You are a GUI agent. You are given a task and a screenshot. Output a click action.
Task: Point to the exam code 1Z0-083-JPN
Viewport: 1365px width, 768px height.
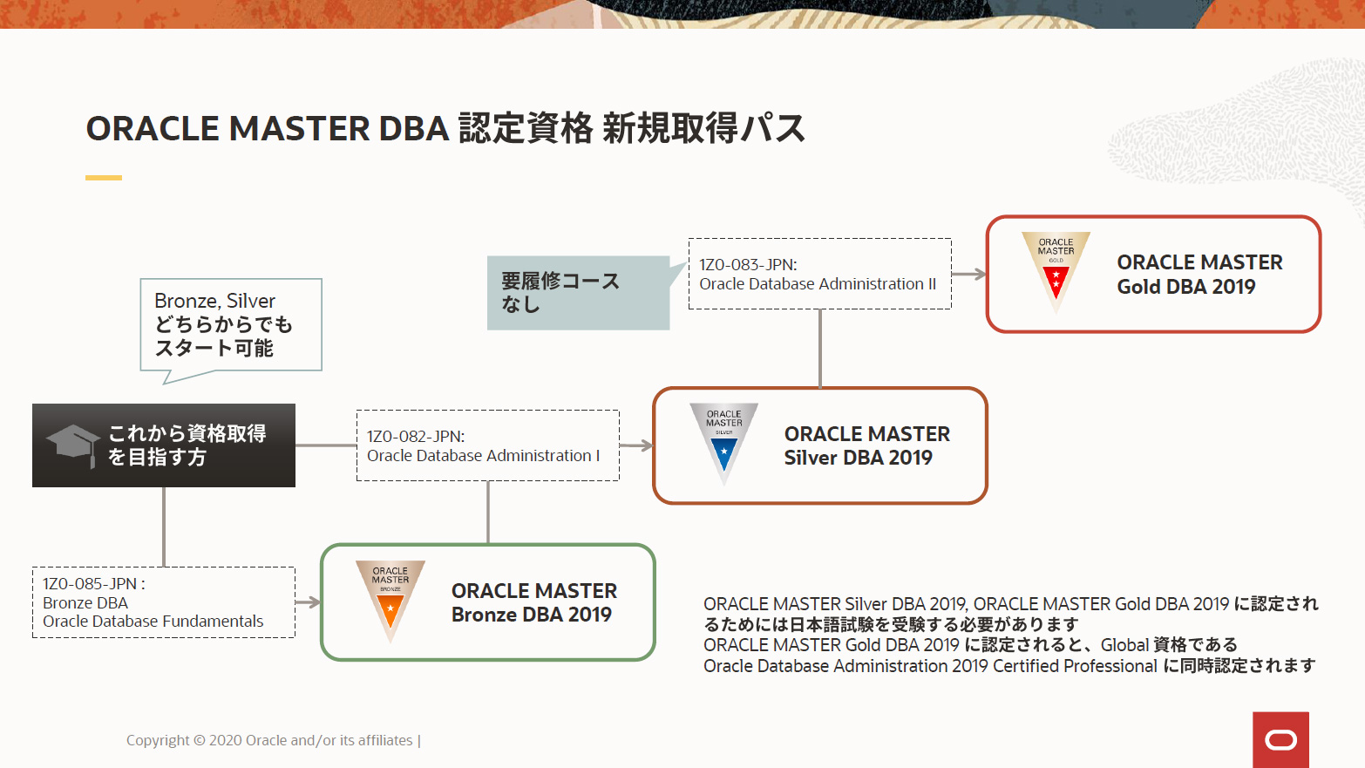pos(748,265)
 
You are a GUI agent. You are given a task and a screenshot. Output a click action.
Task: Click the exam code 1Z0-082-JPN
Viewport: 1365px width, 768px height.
pos(415,437)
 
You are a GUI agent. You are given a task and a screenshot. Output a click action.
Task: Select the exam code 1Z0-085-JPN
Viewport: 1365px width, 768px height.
pos(91,584)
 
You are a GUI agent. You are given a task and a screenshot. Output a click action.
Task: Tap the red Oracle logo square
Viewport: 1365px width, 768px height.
pos(1280,740)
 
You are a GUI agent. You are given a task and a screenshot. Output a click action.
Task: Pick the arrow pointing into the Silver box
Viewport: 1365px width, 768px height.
pos(637,445)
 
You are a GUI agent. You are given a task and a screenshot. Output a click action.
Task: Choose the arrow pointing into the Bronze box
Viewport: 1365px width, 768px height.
pos(309,602)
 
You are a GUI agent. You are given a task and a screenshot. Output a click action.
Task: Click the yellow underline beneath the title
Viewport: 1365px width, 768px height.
pos(103,178)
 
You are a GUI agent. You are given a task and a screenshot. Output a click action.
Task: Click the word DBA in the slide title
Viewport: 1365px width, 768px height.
pos(413,129)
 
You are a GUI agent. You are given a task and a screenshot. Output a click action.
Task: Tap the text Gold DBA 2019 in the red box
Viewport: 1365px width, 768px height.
pos(1185,287)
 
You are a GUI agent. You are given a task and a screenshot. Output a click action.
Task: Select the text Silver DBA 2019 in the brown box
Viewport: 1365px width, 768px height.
pos(858,458)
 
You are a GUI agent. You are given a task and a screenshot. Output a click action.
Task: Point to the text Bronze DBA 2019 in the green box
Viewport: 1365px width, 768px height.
pos(531,615)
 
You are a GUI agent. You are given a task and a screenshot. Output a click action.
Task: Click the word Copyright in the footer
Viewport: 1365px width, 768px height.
pos(157,740)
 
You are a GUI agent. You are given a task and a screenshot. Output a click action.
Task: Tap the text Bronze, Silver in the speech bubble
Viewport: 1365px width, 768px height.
pos(214,301)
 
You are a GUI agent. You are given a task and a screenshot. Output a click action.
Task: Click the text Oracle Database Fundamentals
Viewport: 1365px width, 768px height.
pos(153,622)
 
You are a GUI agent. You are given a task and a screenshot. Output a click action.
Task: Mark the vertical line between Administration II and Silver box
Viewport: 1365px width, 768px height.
pos(820,349)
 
